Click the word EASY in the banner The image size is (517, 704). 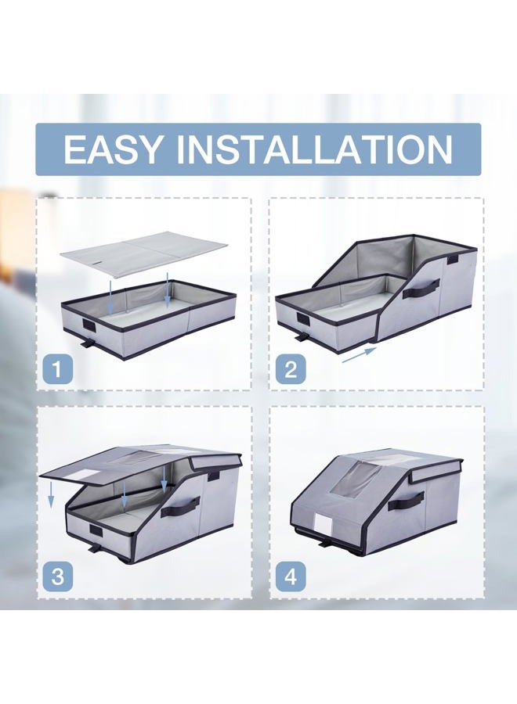pos(112,149)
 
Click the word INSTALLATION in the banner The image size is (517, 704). pos(315,149)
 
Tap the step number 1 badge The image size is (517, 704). pos(58,370)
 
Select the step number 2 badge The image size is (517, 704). pos(291,370)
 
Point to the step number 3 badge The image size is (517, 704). pos(58,576)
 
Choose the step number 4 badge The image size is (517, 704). pos(291,576)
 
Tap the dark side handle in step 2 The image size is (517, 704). pos(421,289)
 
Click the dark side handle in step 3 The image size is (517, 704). pos(180,507)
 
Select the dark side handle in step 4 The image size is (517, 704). pos(406,500)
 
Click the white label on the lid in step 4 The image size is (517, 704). pos(324,523)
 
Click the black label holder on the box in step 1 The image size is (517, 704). pos(87,326)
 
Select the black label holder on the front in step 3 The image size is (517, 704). pos(96,530)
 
